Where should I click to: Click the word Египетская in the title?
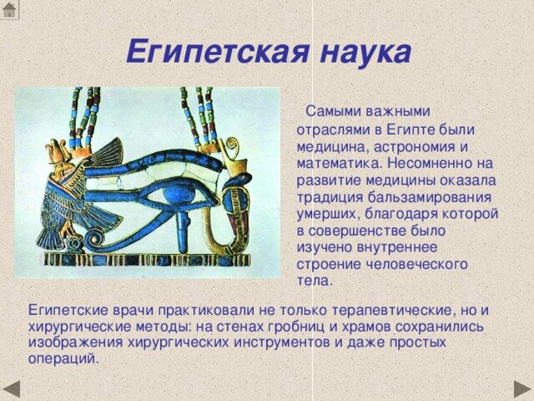(214, 53)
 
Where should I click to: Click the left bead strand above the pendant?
(83, 117)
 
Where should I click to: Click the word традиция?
(330, 197)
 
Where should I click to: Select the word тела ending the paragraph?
(314, 281)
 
